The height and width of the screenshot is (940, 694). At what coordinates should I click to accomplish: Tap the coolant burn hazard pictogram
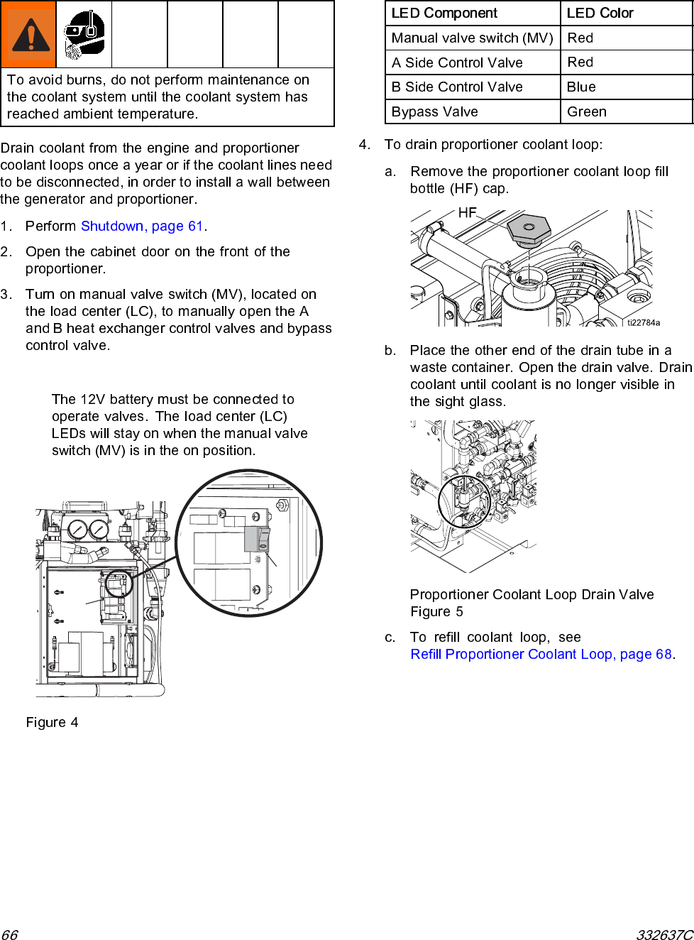click(84, 35)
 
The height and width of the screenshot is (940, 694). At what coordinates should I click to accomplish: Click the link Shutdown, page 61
click(142, 226)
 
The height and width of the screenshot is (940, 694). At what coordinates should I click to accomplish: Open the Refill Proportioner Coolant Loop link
click(541, 655)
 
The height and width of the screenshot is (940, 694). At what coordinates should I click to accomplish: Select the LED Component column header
click(444, 13)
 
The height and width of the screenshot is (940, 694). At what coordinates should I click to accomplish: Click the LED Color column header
click(600, 13)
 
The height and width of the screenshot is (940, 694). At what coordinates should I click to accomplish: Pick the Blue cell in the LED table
click(581, 87)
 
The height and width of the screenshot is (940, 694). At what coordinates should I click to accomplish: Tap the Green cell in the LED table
click(586, 112)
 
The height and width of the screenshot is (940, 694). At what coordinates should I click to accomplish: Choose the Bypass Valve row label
click(434, 112)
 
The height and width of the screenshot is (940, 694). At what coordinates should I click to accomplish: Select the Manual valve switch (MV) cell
click(472, 38)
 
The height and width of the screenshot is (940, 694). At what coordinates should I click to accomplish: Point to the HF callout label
click(467, 213)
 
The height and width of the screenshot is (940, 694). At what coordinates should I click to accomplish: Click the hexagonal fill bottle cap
click(529, 229)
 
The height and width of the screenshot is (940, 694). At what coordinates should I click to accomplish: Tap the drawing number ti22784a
click(643, 322)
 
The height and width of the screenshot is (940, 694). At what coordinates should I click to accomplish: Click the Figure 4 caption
click(52, 723)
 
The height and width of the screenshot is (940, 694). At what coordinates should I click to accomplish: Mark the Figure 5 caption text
click(436, 612)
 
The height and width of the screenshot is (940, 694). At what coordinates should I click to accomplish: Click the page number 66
click(9, 934)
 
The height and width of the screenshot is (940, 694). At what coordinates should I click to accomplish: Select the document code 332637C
click(663, 934)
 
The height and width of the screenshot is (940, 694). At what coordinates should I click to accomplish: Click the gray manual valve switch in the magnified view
click(258, 539)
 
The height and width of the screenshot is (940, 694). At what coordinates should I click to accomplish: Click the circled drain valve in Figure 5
click(463, 500)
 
